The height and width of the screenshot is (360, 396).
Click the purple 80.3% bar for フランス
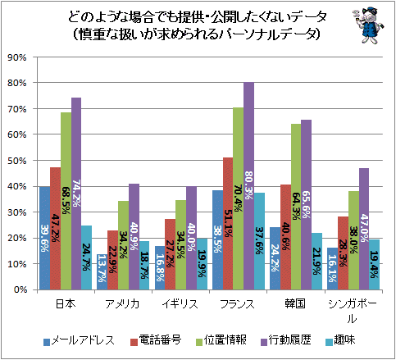click(x=248, y=186)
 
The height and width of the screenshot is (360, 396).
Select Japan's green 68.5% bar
click(x=66, y=201)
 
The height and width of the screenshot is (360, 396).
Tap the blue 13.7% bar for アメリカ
click(x=102, y=272)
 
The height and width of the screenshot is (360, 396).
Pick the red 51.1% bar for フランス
click(x=228, y=224)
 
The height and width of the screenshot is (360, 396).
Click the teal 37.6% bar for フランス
click(x=259, y=241)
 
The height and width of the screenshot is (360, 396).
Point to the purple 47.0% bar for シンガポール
click(x=364, y=229)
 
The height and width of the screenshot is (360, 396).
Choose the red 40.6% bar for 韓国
click(x=285, y=237)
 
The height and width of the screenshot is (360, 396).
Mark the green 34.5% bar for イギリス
click(x=180, y=245)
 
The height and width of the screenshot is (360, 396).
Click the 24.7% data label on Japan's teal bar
click(x=87, y=257)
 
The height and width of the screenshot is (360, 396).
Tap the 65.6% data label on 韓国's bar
click(x=306, y=204)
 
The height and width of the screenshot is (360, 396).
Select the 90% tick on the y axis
click(x=17, y=57)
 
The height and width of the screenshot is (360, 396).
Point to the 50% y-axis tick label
click(x=17, y=161)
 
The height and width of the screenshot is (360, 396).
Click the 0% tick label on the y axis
click(x=20, y=289)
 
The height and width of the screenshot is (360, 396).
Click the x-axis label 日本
click(x=66, y=303)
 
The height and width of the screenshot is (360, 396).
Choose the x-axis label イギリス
click(x=180, y=303)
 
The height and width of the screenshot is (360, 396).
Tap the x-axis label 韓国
click(x=295, y=303)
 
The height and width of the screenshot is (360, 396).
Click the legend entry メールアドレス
click(x=79, y=340)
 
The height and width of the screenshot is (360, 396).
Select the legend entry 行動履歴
click(x=286, y=340)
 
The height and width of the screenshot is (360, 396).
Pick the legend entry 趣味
click(x=340, y=340)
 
